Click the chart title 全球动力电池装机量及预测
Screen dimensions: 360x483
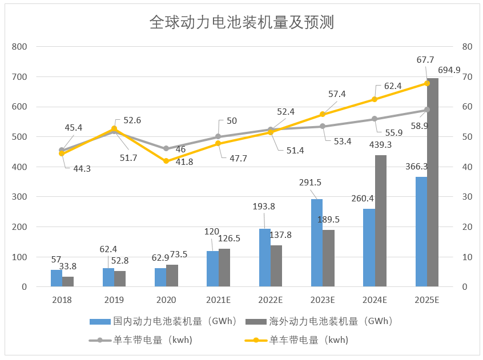pos(241,22)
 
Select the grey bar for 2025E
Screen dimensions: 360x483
pos(433,183)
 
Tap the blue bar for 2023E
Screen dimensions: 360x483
pos(317,243)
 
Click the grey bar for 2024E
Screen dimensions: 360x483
pos(381,221)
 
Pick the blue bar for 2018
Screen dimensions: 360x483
pos(56,278)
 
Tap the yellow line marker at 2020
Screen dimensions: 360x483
pos(166,161)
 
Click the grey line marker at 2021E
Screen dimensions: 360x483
pos(218,136)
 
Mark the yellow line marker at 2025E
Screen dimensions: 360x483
pos(426,83)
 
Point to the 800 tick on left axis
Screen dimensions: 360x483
pos(20,47)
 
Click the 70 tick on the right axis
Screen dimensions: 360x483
pos(466,76)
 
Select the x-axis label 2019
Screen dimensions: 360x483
pos(114,300)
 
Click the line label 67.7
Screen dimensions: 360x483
pos(426,60)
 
